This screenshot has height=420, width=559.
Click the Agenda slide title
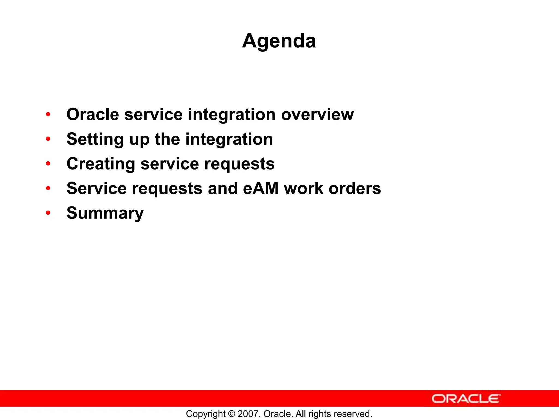tap(279, 41)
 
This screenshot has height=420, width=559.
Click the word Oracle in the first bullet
tap(93, 114)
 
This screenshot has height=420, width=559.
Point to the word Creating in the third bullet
tap(101, 164)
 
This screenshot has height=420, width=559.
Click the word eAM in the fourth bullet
tap(261, 188)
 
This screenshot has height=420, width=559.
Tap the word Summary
tap(105, 213)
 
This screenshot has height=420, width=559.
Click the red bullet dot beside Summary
tap(48, 213)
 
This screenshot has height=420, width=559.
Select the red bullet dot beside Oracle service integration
tap(48, 114)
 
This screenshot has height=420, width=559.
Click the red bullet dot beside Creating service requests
tap(48, 164)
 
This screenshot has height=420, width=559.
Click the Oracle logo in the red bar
tap(466, 399)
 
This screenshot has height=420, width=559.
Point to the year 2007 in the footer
tap(246, 414)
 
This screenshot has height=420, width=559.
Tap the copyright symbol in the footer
tap(232, 414)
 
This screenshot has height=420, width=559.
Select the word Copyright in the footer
tap(206, 414)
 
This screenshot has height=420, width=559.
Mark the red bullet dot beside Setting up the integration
tap(48, 139)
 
